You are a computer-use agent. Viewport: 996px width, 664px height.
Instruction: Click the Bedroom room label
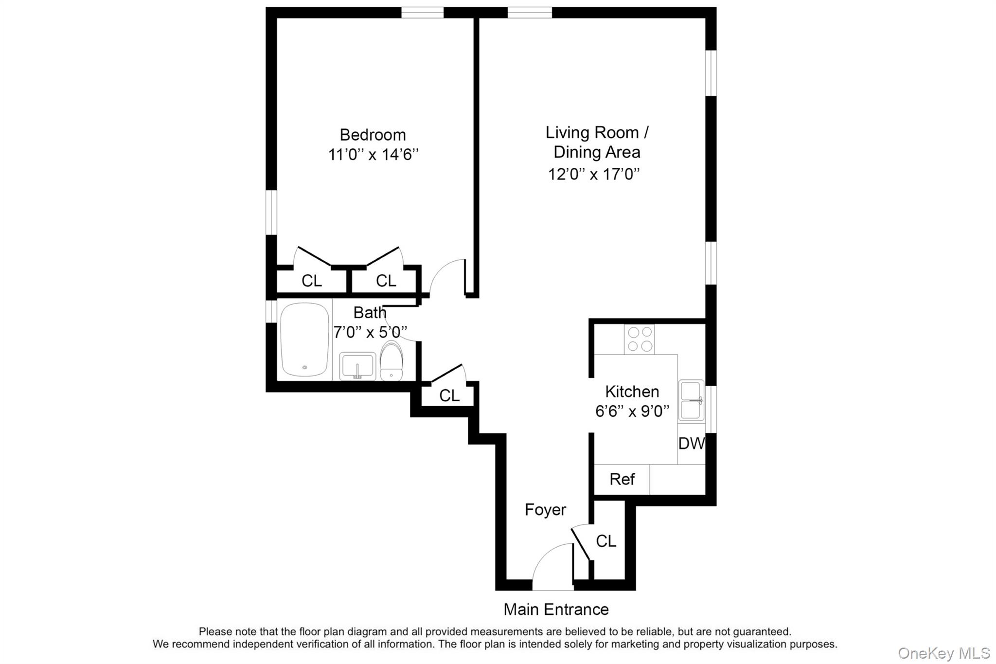tap(373, 135)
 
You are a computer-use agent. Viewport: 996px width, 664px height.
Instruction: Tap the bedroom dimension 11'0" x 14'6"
tap(373, 155)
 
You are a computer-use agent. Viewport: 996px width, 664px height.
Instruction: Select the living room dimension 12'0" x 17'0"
tap(594, 174)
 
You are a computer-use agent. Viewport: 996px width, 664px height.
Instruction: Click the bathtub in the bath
tap(305, 340)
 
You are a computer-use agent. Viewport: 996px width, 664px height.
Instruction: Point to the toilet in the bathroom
tap(391, 360)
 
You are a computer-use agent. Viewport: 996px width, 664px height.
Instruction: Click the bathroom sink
tap(357, 366)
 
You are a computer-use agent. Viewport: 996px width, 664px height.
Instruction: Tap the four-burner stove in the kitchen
tap(640, 339)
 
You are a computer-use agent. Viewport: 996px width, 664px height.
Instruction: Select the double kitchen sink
tap(691, 400)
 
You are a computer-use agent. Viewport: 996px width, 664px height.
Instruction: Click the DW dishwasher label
tap(691, 443)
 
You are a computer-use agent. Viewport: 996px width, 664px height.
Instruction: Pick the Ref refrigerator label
tap(622, 479)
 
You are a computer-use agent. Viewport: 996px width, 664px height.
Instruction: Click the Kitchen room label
tap(632, 392)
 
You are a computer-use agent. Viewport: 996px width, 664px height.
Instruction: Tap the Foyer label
tap(545, 510)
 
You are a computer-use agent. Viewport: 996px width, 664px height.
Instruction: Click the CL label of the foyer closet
tap(606, 541)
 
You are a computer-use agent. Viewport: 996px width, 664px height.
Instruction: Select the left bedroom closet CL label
tap(312, 281)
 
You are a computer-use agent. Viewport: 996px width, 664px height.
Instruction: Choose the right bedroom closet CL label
tap(386, 281)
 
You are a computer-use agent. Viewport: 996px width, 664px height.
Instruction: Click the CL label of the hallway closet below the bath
tap(449, 395)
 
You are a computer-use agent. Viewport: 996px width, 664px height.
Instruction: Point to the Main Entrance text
tap(556, 609)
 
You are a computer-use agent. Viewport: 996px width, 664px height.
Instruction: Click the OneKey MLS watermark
tap(943, 653)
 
